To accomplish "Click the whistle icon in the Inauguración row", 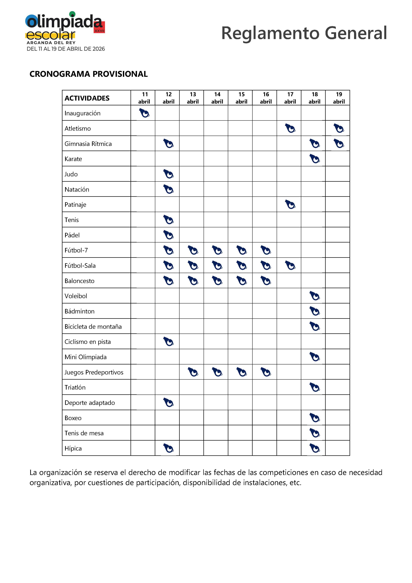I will (x=144, y=113).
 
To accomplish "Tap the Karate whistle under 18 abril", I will (x=315, y=159).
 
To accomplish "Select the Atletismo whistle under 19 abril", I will (x=339, y=128).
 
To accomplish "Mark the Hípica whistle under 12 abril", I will (x=168, y=448).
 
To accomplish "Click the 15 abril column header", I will (x=241, y=98).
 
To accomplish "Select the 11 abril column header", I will (x=144, y=98).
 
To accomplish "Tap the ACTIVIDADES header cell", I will (x=87, y=98).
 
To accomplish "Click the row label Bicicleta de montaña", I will (x=93, y=327).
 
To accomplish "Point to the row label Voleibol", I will (x=76, y=296).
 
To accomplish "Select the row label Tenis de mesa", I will (x=84, y=433).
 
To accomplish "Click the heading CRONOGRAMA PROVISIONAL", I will (x=89, y=74).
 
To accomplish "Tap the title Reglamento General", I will (x=304, y=33).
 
